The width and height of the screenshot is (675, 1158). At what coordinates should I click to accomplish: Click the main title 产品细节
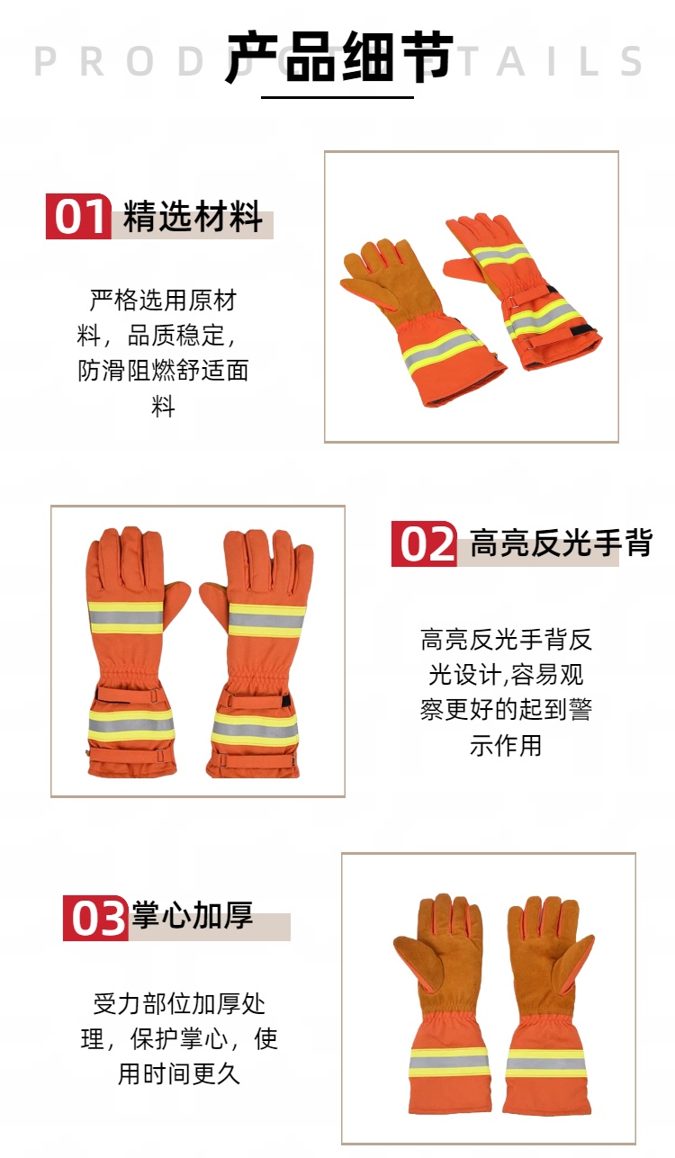340,57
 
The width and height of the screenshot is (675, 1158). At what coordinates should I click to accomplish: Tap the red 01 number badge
78,216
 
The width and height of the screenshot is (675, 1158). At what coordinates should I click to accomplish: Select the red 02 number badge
424,543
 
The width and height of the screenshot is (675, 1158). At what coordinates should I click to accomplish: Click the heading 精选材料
193,216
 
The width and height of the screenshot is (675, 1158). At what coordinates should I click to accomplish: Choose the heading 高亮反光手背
562,543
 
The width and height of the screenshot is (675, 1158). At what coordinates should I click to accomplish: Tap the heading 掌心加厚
193,915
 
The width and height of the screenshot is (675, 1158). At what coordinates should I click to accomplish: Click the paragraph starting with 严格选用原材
163,353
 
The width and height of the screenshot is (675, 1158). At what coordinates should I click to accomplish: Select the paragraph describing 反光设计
506,692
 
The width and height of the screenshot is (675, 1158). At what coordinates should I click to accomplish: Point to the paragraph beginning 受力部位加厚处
179,1038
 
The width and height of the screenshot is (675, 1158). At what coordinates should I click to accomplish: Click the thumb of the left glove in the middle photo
177,602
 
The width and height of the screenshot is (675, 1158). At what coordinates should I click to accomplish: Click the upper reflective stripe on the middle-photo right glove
266,620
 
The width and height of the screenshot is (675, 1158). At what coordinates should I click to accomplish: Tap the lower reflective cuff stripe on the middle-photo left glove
130,725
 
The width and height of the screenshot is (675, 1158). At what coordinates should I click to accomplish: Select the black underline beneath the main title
337,96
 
